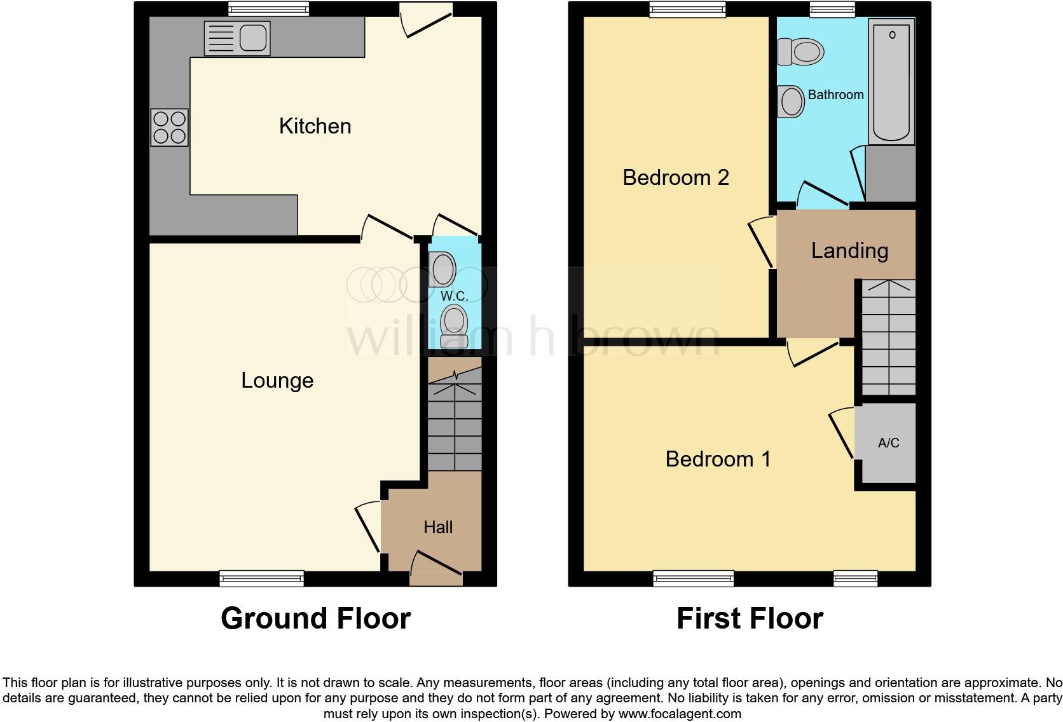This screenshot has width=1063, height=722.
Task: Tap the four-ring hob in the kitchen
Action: coord(170,127)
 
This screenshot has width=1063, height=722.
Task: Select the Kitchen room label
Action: coord(315,126)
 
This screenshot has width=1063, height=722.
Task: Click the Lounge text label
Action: coord(277,380)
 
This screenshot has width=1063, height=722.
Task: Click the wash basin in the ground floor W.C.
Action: coord(442,269)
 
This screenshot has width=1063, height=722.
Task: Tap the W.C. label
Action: coord(455,296)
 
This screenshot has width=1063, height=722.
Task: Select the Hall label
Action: coord(438,527)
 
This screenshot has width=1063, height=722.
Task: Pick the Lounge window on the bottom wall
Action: coord(261,578)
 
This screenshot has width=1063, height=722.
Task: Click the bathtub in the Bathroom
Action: coord(891,81)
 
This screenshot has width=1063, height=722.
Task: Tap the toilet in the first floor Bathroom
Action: coord(801,51)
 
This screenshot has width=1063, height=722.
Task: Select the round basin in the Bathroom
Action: coord(792,102)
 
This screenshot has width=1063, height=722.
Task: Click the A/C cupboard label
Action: coord(888,443)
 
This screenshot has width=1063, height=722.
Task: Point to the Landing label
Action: coord(849,250)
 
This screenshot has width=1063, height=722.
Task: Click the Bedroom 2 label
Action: coord(675,177)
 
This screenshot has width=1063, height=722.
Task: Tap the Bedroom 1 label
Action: coord(718,459)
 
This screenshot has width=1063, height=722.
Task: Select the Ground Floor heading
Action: coord(315,618)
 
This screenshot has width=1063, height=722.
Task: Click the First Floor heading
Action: coord(750,618)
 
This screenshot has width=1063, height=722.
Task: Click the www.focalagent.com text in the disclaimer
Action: coord(680,714)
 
